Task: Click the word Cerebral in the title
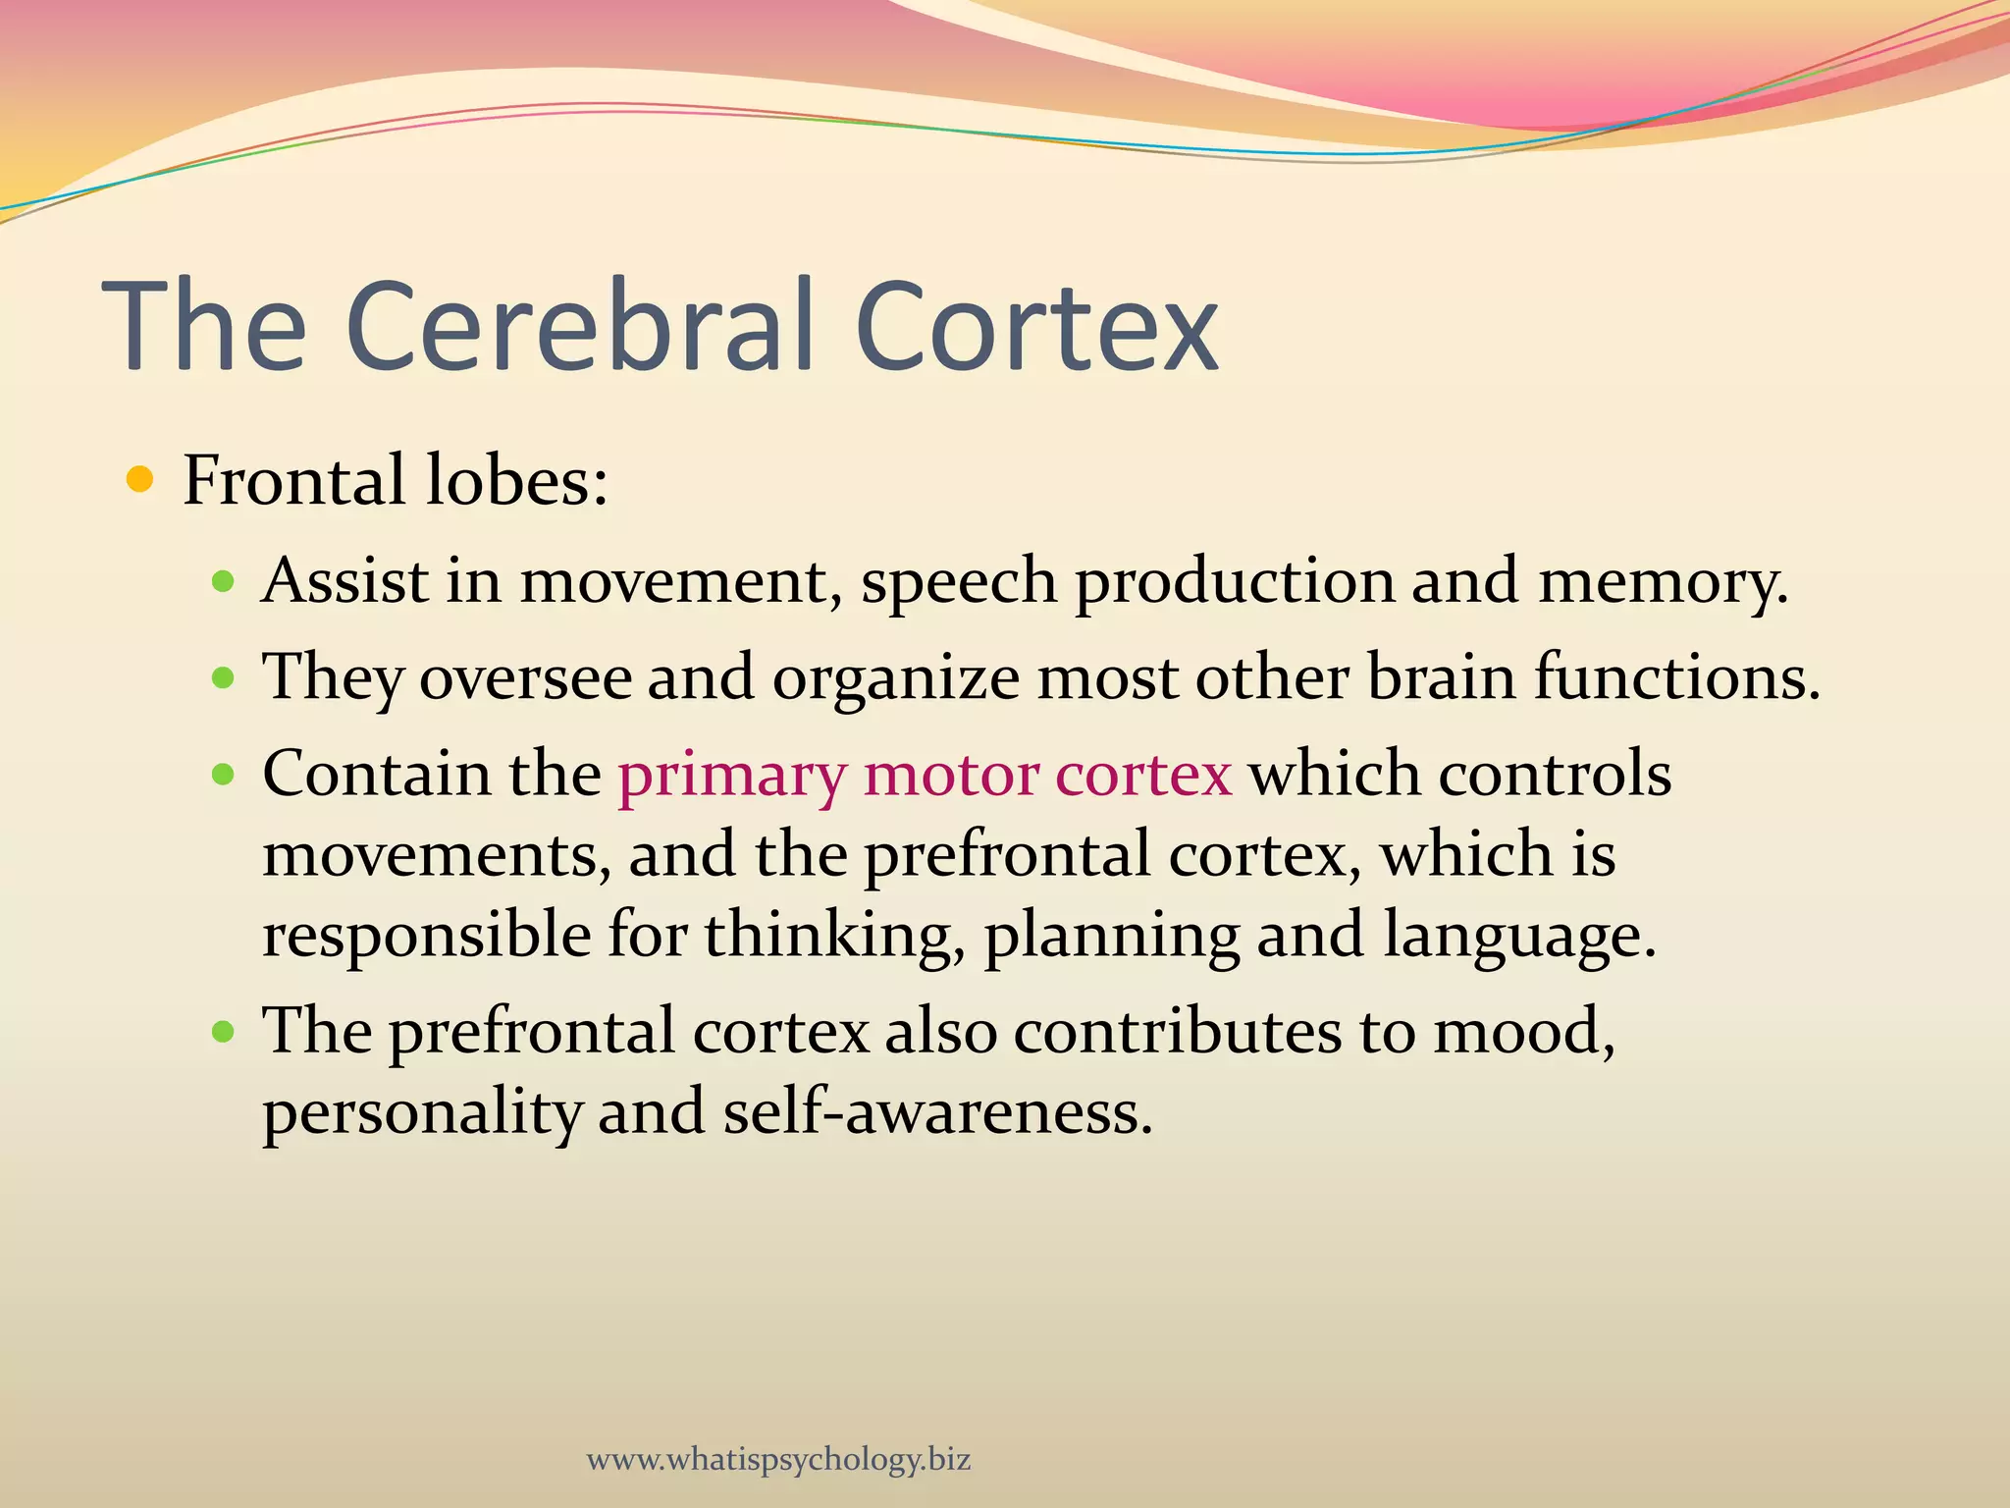tap(579, 326)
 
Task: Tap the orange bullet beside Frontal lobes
tap(141, 480)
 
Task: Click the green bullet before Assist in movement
tap(224, 582)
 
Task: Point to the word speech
tap(959, 582)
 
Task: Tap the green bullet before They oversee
tap(224, 677)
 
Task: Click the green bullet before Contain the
tap(224, 775)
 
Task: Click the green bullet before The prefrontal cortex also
tap(224, 1032)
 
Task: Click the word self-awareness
tap(937, 1112)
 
